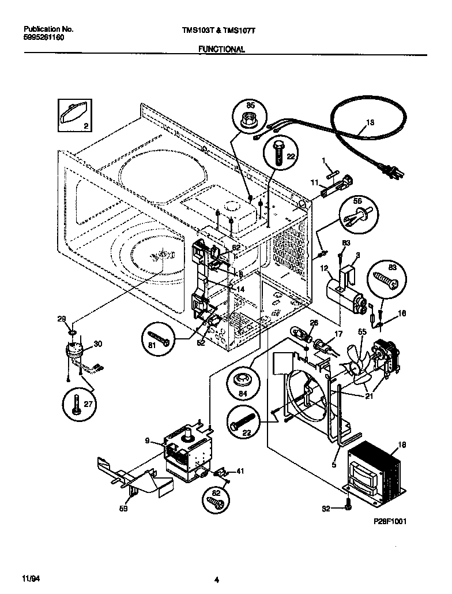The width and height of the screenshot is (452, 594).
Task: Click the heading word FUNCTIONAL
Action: [222, 50]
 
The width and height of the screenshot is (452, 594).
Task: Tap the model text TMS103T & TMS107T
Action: [222, 28]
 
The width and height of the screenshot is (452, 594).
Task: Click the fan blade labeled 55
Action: [358, 364]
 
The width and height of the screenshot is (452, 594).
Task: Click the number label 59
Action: [123, 509]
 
